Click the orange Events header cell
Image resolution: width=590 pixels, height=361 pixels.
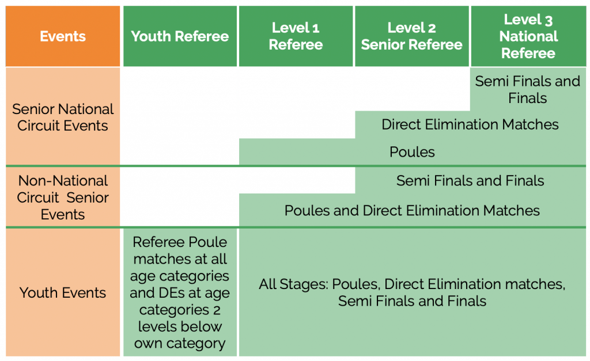pos(63,36)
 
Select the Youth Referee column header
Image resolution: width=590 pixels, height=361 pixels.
pos(180,36)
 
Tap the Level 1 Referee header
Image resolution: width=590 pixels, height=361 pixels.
pos(296,36)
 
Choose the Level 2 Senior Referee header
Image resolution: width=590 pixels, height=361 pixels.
pos(411,36)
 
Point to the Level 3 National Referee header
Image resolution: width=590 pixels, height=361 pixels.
pos(528,36)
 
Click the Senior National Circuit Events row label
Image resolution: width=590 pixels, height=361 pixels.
pos(63,117)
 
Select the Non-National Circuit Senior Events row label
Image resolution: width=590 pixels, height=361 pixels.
pos(63,197)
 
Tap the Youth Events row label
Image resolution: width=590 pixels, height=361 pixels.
pos(63,292)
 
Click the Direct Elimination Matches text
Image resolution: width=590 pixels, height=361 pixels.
pos(470,124)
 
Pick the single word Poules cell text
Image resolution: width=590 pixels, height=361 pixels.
pos(412,152)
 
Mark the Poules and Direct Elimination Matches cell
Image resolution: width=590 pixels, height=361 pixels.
pos(412,210)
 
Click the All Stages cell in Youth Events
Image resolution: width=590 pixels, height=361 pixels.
pos(412,292)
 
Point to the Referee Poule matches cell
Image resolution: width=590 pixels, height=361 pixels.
pos(180,292)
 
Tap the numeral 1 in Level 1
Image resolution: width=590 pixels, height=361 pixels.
pos(316,28)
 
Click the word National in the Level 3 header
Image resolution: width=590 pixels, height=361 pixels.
pos(528,36)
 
